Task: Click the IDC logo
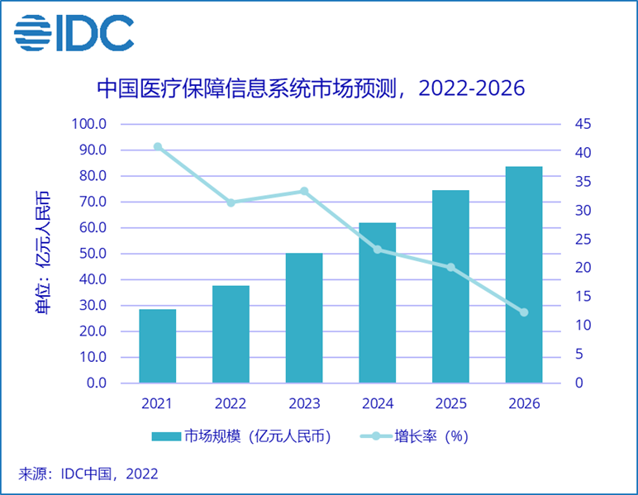point(74,32)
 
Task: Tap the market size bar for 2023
point(303,318)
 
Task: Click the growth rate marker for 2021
point(157,147)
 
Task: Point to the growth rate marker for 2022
point(231,202)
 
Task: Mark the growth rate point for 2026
point(523,312)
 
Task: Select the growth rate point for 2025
point(450,267)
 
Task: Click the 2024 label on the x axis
point(377,404)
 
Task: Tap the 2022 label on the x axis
point(231,404)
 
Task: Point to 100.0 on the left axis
point(91,124)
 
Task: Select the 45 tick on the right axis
point(583,124)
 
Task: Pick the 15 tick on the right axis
point(583,297)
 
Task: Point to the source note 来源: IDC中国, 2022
point(88,474)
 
